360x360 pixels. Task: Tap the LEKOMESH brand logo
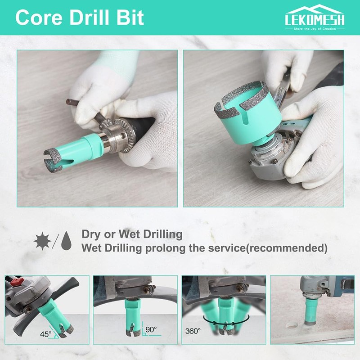[315, 18]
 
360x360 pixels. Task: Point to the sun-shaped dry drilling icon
[42, 241]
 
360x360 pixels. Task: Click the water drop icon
[67, 241]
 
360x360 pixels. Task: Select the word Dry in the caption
[91, 234]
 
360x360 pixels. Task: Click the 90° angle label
[151, 330]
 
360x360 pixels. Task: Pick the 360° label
[193, 331]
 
